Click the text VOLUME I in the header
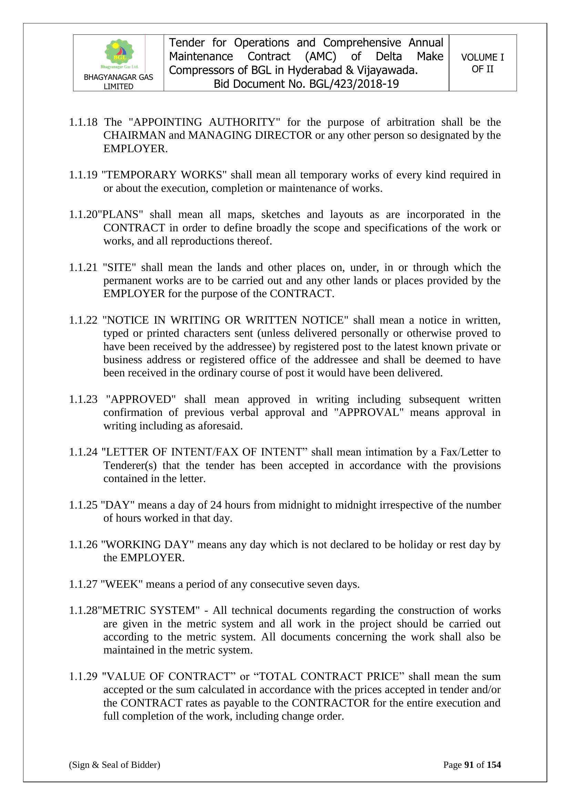(482, 57)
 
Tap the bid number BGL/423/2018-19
(354, 84)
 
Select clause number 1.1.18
(83, 122)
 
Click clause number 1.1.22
(83, 320)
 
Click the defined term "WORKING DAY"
(147, 544)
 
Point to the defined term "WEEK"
(121, 584)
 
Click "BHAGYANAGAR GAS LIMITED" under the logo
(119, 82)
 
